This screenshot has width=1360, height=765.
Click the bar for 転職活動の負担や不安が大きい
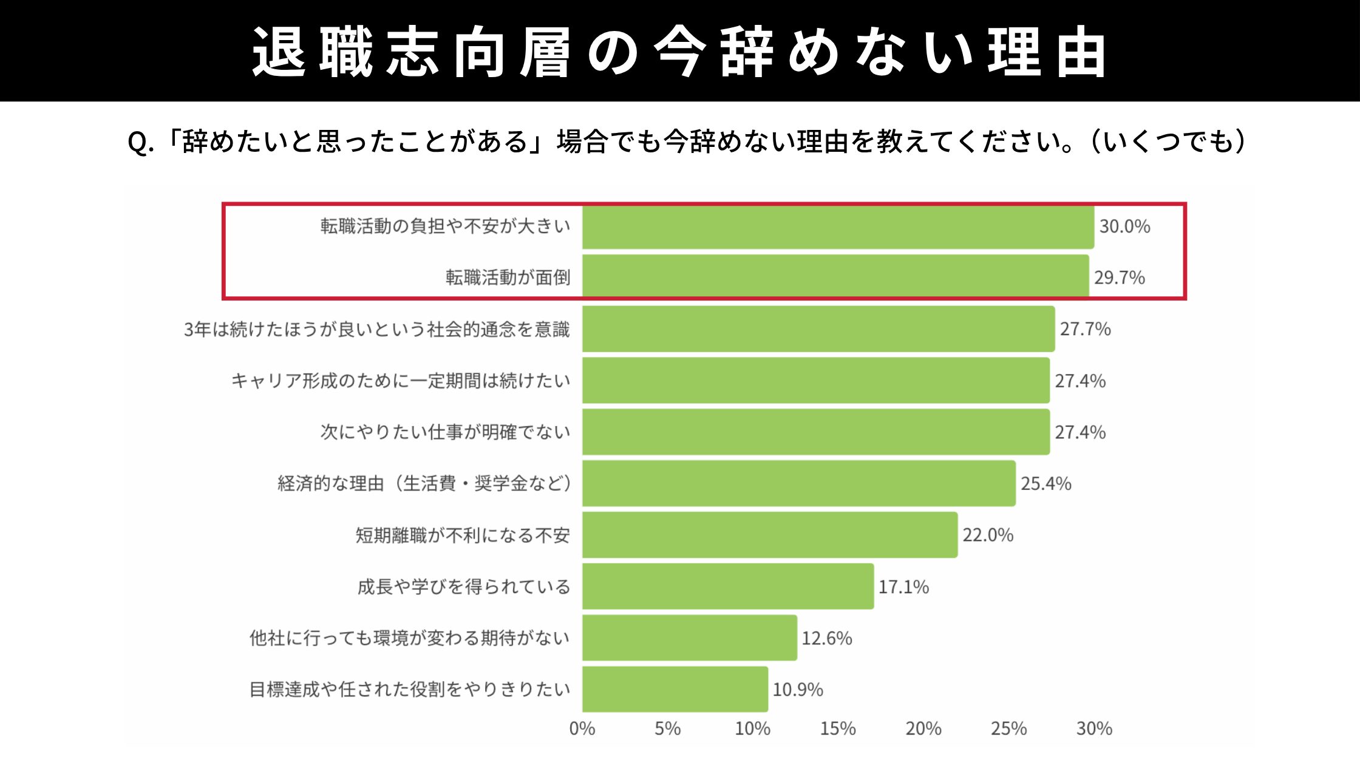(x=838, y=227)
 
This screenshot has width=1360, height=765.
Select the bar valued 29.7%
(x=835, y=277)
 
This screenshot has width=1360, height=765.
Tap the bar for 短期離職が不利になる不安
(x=770, y=535)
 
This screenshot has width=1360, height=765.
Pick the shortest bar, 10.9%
(x=675, y=689)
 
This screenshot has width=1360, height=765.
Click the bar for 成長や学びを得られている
(x=728, y=586)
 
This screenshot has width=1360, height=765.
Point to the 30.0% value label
(x=1124, y=226)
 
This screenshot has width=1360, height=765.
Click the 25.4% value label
(x=1045, y=484)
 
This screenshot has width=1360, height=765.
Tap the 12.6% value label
(x=826, y=638)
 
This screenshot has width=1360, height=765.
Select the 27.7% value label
(x=1085, y=329)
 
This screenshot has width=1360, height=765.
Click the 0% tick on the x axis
(x=582, y=729)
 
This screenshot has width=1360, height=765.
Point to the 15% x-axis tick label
(x=838, y=729)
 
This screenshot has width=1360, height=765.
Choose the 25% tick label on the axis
(x=1008, y=729)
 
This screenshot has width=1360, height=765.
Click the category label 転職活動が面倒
(x=508, y=277)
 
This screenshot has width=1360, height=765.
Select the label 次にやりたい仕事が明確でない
(x=445, y=432)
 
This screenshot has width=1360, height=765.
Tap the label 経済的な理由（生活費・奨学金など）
(x=424, y=484)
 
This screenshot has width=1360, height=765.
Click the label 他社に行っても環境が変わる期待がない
(x=409, y=638)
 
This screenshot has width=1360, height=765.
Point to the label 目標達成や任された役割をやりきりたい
(x=409, y=690)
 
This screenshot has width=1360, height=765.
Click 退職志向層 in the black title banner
(x=411, y=52)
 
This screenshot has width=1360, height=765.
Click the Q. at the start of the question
(x=140, y=143)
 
